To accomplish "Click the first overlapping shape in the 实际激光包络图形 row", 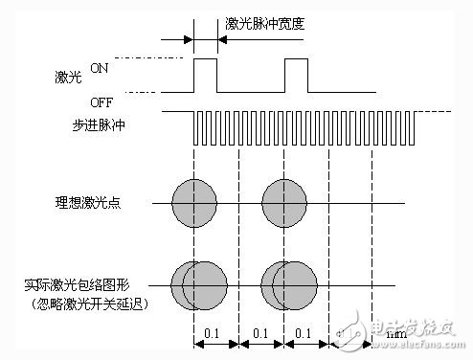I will click(198, 283).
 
